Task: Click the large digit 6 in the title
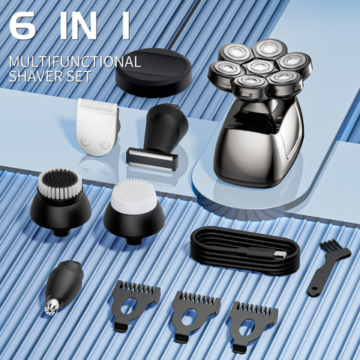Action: [x=22, y=25]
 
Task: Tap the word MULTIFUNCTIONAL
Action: [x=75, y=61]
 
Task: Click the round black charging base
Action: [x=154, y=73]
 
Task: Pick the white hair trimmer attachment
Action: [x=97, y=127]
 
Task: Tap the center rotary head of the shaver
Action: [x=260, y=67]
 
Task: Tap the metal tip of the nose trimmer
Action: [x=51, y=308]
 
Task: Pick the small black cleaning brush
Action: [x=328, y=267]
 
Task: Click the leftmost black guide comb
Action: [x=136, y=306]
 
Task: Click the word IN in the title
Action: [x=78, y=25]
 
